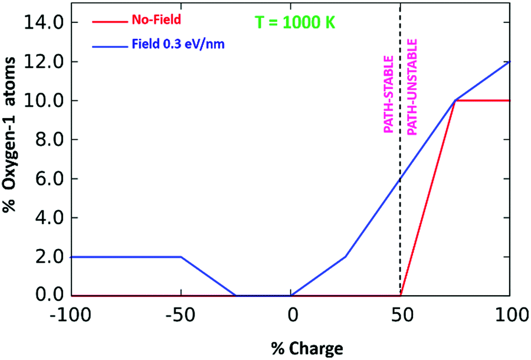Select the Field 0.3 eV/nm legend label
[x=175, y=44]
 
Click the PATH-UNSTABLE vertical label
[x=412, y=87]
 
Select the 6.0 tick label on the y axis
[x=46, y=178]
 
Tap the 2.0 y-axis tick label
[x=46, y=256]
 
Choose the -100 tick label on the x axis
[x=70, y=315]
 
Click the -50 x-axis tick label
[x=181, y=315]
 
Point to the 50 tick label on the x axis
[x=401, y=315]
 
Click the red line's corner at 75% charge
[x=455, y=100]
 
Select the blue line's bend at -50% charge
[x=181, y=257]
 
